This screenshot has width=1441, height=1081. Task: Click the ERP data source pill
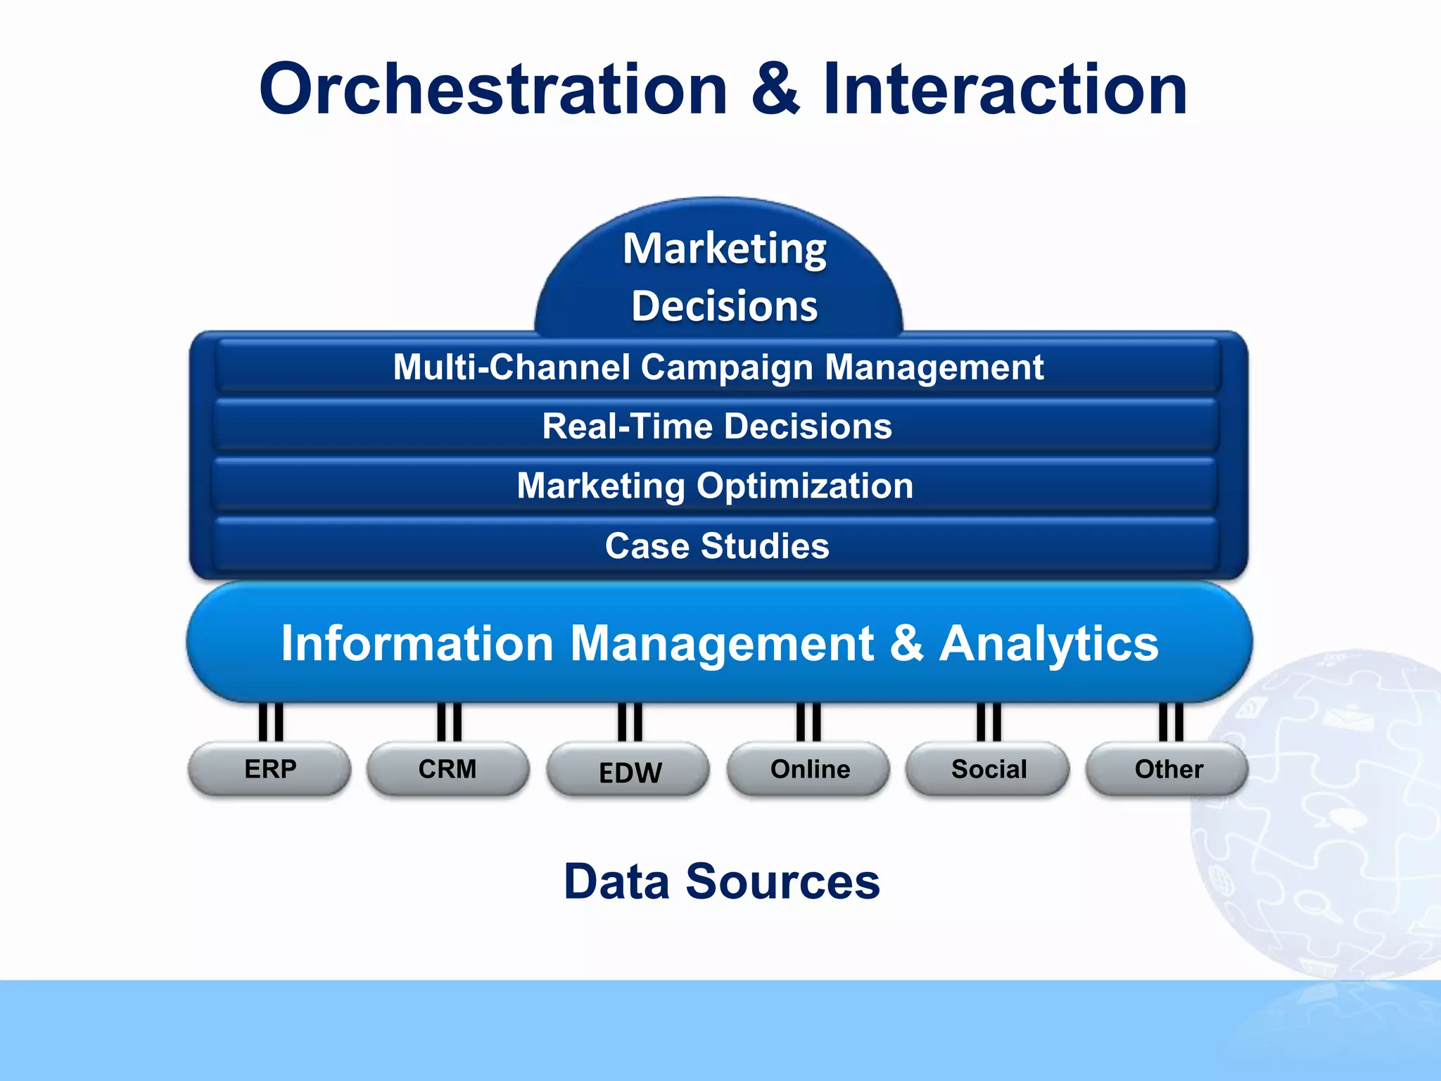(270, 769)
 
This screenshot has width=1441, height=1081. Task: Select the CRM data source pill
(447, 769)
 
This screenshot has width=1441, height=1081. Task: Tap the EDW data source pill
(629, 771)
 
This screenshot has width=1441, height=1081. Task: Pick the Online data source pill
(809, 769)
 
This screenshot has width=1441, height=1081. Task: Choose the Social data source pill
(989, 769)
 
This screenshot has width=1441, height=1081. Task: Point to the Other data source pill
(1168, 769)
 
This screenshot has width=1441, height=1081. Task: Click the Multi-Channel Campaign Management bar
(718, 367)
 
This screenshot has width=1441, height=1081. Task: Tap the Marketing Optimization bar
(715, 486)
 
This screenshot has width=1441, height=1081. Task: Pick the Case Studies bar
(716, 545)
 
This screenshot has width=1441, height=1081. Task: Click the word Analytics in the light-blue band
(1048, 643)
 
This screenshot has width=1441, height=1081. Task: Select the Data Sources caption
(721, 881)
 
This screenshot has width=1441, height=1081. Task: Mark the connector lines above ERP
(271, 722)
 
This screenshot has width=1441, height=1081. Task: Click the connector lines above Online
(808, 722)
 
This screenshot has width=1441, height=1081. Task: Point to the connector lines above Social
(989, 722)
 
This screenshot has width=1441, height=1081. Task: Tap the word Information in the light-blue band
(417, 643)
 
